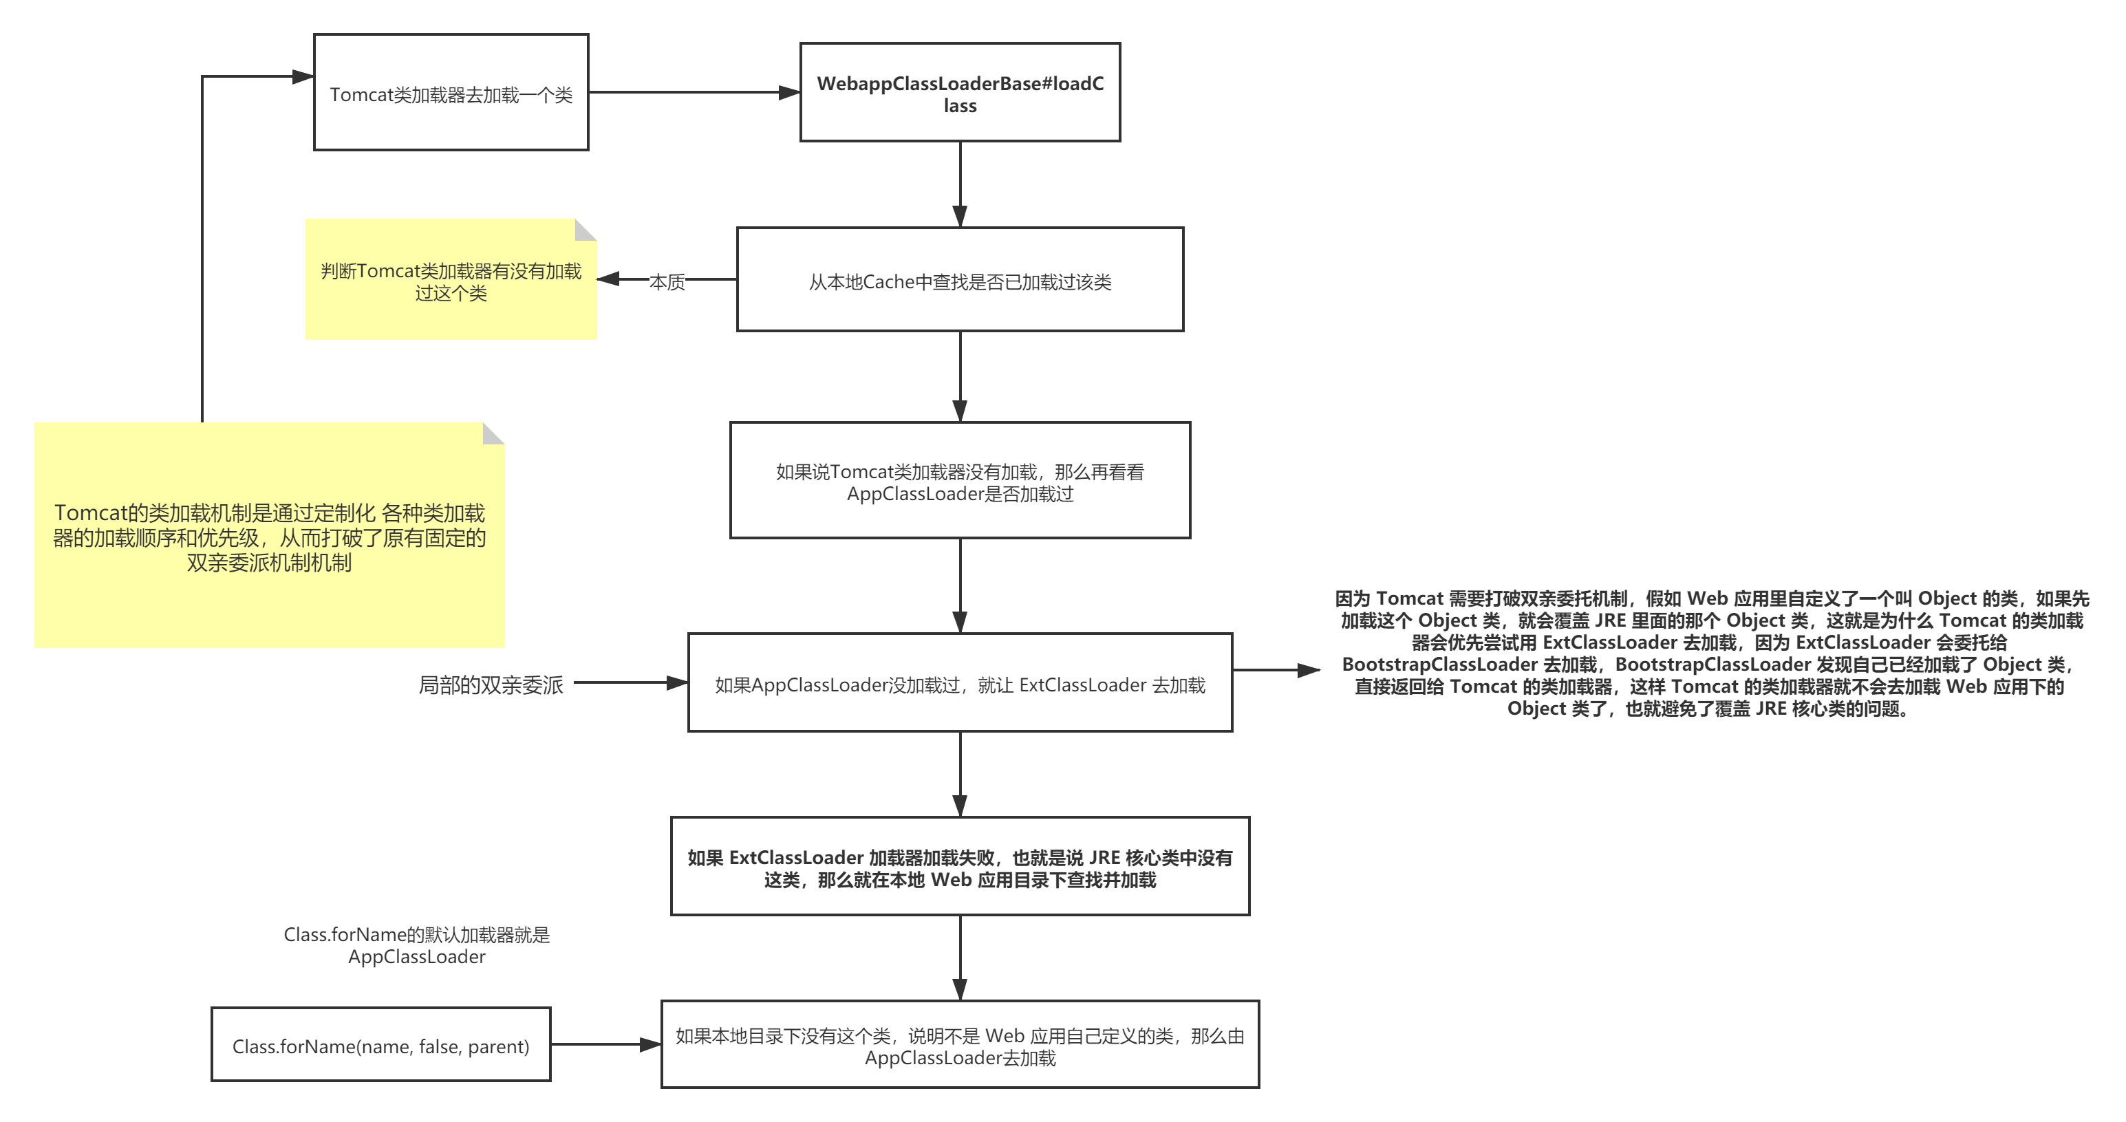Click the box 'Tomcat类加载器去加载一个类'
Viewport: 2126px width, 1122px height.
click(451, 92)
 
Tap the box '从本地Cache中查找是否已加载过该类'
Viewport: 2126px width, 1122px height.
click(960, 281)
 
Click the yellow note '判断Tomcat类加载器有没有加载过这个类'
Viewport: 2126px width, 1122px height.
click(451, 281)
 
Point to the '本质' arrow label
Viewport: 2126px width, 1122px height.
click(667, 281)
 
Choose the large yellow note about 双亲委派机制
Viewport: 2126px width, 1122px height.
click(269, 537)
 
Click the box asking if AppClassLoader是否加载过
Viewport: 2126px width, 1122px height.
click(960, 481)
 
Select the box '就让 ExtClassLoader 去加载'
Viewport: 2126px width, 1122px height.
click(960, 683)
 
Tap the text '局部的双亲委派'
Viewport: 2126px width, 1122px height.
click(491, 684)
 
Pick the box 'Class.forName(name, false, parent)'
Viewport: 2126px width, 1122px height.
click(380, 1045)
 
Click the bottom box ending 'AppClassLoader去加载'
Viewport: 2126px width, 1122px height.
click(960, 1045)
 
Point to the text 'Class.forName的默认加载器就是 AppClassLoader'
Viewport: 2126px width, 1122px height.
click(417, 945)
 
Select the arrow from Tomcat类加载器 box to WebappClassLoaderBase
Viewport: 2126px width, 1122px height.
click(694, 92)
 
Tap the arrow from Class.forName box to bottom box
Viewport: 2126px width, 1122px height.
click(605, 1044)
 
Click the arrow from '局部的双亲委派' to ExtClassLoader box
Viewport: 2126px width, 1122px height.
click(630, 683)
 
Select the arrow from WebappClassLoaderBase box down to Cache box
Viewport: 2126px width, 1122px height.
click(960, 183)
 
